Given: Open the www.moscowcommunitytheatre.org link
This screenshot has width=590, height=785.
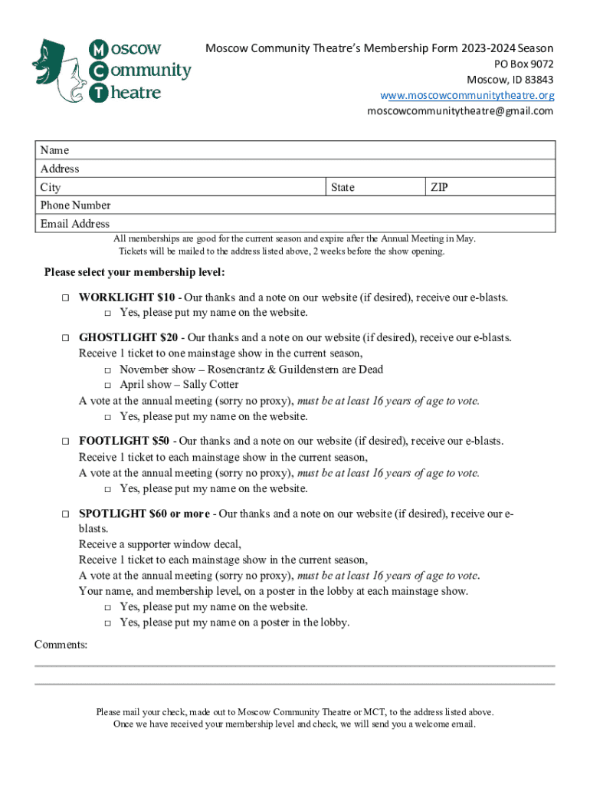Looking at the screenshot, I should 467,95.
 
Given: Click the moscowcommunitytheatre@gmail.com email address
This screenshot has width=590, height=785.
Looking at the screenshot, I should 460,111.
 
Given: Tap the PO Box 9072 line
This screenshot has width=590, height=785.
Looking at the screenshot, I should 523,64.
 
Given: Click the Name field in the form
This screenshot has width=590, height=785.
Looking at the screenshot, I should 306,150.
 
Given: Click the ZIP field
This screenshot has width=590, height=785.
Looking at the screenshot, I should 490,187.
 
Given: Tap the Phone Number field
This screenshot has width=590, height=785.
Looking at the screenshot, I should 306,205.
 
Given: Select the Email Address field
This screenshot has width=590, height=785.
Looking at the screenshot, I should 306,224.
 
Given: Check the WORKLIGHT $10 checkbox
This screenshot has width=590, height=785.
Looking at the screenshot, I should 66,297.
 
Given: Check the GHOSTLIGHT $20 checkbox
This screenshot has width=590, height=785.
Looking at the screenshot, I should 66,337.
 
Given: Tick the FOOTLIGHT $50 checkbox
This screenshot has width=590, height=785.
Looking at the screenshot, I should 66,441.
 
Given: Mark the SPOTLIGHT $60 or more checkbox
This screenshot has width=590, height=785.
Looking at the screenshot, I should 66,513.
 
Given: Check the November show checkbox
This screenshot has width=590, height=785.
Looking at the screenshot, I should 108,370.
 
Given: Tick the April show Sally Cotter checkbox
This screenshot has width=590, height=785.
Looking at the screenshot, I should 108,385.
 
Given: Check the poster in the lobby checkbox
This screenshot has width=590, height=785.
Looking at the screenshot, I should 108,622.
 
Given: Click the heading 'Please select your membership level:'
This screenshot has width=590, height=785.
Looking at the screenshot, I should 134,272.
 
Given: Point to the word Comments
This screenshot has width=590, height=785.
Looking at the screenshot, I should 61,645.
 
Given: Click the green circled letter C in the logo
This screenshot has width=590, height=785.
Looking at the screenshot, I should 99,71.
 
